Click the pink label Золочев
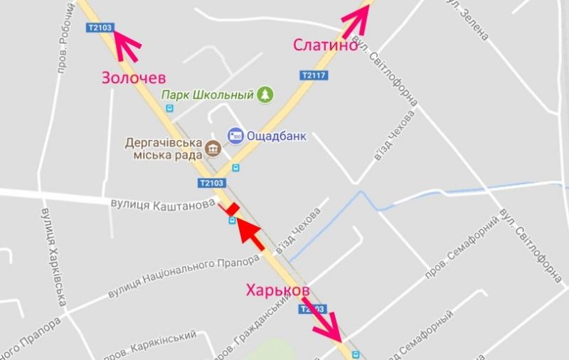click(134, 77)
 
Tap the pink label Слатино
click(324, 45)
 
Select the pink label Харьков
click(277, 291)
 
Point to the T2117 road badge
click(313, 75)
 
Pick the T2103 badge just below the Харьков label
click(313, 309)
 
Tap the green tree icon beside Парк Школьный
click(265, 94)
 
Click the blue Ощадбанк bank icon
click(234, 134)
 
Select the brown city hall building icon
click(212, 148)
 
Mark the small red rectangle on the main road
click(230, 209)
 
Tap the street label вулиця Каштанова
click(162, 204)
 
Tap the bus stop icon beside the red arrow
click(232, 221)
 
